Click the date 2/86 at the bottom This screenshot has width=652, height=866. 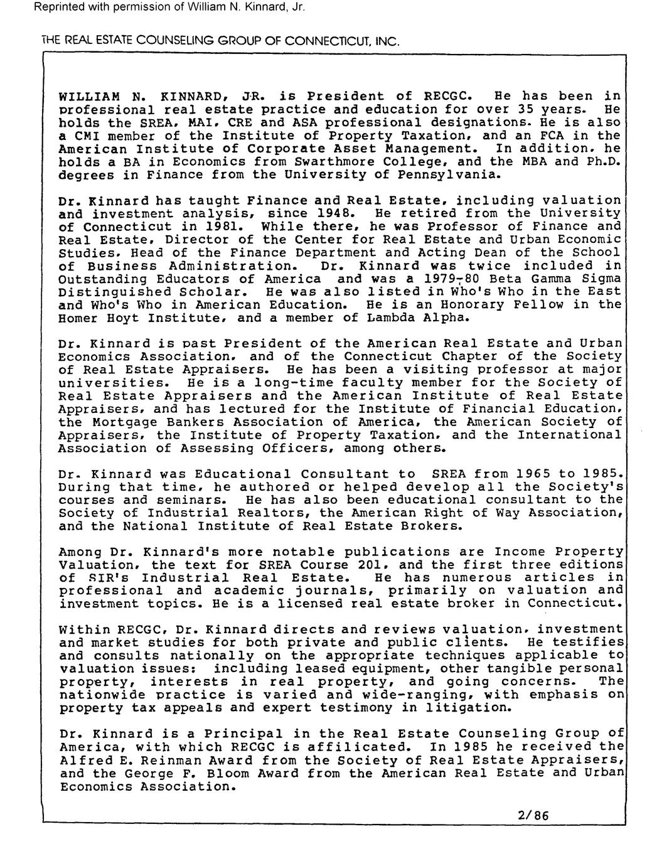tap(533, 816)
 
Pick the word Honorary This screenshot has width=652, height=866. tap(497, 305)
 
